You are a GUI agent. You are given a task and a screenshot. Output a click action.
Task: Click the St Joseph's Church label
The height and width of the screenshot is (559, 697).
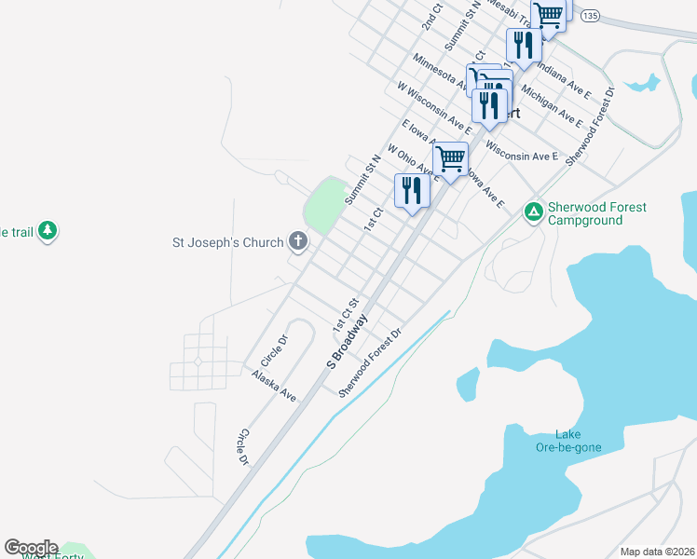coord(227,243)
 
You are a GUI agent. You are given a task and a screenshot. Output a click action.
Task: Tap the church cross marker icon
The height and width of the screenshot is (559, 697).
coord(298,243)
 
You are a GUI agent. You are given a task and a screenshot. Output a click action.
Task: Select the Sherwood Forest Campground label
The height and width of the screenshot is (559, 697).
coord(596,214)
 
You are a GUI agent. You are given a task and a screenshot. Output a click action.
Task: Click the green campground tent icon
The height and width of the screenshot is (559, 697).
coord(533,213)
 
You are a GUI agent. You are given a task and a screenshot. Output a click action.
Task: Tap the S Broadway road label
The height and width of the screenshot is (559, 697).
coord(348,341)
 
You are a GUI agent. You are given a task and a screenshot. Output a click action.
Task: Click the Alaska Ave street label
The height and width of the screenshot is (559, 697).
coord(274,386)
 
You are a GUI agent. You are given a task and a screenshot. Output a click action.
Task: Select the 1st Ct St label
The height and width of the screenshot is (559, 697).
coord(346,314)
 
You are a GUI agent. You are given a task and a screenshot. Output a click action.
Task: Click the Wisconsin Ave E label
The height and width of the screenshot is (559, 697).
coord(521,152)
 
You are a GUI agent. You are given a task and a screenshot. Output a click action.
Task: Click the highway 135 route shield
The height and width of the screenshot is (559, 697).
coord(588,16)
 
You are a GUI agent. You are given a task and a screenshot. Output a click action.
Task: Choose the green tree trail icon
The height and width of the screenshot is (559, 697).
coord(48,230)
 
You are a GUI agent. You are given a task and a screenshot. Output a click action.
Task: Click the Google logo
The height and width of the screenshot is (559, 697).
coord(31,548)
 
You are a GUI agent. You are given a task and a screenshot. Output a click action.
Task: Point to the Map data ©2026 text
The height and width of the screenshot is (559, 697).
coord(656,552)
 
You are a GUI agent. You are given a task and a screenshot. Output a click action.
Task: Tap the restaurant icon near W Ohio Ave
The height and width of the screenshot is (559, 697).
coord(411,191)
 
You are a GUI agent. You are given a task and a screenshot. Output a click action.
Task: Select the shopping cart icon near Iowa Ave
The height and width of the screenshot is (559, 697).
coord(450,159)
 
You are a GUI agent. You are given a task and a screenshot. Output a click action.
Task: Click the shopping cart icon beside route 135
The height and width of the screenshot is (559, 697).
coord(549,15)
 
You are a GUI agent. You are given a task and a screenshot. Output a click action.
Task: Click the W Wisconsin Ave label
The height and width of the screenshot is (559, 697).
coord(433,107)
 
